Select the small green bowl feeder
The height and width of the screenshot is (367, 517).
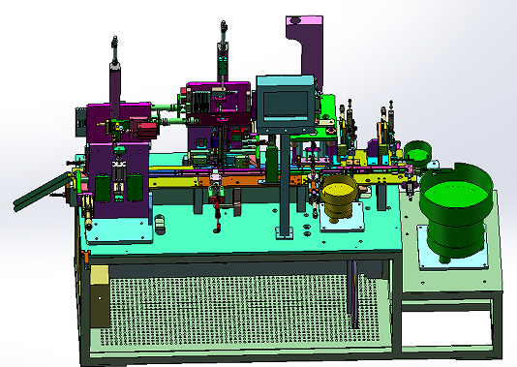418,152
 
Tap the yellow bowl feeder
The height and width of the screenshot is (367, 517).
339,198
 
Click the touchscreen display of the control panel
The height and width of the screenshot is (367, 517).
285,102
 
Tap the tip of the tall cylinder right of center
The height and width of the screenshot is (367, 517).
224,22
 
